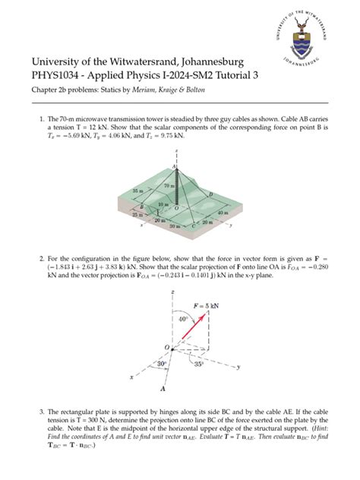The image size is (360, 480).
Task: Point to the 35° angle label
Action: pos(199,364)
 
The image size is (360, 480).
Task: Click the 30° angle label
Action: pos(161,364)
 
